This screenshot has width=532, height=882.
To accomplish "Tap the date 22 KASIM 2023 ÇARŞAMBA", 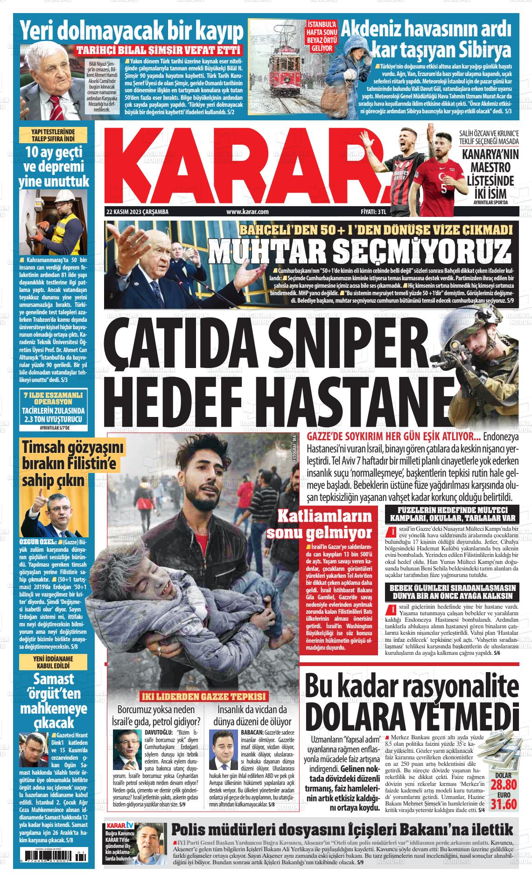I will coord(137,212).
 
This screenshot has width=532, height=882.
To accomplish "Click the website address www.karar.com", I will coord(247,212).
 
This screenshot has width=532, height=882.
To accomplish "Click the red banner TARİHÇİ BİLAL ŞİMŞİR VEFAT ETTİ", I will coord(159,50).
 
